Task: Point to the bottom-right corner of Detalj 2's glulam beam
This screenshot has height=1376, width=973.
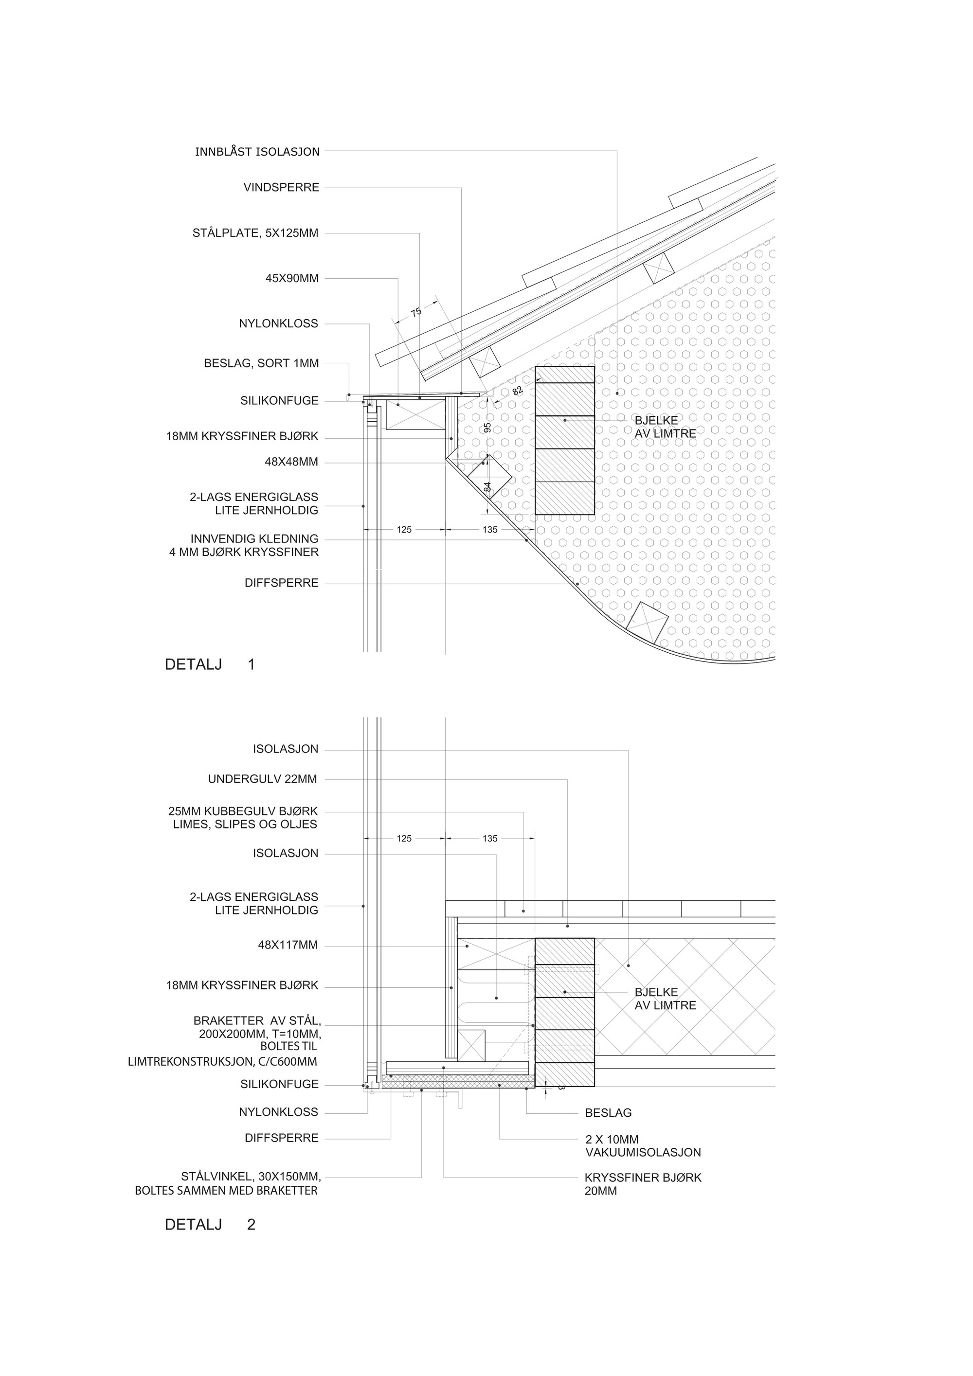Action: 595,1086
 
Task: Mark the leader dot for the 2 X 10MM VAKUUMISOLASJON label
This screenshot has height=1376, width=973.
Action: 499,1085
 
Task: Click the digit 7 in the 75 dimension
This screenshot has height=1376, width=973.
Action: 413,313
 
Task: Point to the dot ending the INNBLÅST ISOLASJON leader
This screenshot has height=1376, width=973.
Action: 617,393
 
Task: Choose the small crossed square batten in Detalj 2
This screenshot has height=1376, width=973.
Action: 471,1046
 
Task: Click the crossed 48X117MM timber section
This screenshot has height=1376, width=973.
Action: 496,953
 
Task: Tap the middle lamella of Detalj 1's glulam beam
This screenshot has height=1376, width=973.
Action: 565,432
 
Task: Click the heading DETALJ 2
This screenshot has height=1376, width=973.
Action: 210,1224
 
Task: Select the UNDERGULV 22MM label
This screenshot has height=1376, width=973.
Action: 263,779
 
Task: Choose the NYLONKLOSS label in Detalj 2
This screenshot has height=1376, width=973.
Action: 279,1112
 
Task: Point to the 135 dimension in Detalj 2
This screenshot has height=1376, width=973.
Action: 490,839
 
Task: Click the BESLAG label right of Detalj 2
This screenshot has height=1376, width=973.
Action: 609,1113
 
